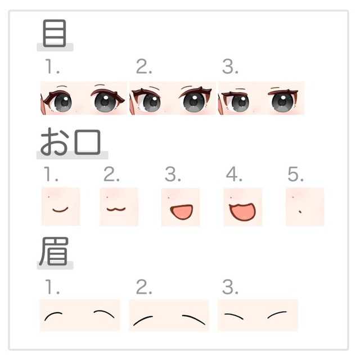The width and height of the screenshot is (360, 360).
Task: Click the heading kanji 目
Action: point(55,33)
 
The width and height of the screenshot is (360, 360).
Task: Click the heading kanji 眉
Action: point(54,251)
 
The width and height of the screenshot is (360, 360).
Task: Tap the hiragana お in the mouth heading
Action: point(54,141)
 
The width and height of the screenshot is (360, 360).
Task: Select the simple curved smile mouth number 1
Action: point(60,210)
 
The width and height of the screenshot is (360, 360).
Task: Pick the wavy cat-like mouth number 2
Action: point(116,209)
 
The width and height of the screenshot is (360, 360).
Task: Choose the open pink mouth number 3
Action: point(181,211)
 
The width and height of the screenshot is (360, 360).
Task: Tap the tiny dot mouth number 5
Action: point(300,211)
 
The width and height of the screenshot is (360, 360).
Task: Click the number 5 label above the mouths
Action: point(295,174)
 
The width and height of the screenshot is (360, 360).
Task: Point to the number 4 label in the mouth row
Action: point(234,174)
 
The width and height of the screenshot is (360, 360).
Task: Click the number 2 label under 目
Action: point(144,66)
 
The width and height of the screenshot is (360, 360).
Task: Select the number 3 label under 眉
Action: point(230,287)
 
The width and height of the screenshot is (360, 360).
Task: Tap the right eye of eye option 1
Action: point(107,101)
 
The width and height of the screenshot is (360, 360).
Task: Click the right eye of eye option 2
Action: point(195,101)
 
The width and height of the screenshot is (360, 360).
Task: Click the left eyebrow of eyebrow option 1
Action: point(53,315)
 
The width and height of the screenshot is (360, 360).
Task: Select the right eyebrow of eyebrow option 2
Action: point(194,319)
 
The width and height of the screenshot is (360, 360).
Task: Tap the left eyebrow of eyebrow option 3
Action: point(233,316)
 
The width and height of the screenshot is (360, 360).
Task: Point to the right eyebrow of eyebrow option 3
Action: point(277,314)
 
